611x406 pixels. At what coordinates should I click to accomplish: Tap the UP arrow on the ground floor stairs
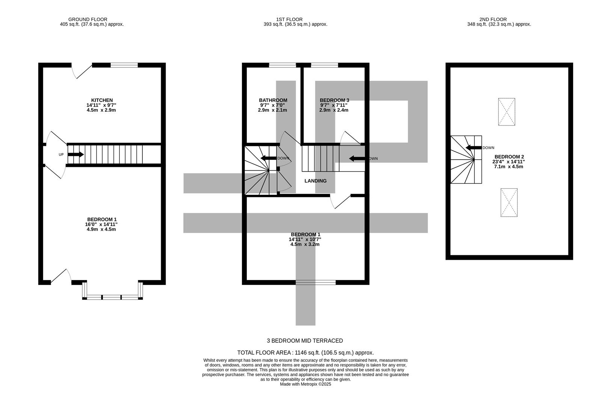point(75,155)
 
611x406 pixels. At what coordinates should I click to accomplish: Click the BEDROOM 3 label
point(334,100)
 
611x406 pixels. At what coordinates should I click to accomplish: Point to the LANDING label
point(315,181)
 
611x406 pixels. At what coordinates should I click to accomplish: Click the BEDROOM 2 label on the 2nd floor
point(509,157)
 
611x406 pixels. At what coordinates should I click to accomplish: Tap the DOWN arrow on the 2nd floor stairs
point(474,148)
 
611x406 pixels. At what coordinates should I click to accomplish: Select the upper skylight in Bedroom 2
point(506,112)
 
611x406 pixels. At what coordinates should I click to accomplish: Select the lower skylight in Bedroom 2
point(509,203)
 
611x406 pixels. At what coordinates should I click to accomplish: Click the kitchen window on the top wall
point(124,65)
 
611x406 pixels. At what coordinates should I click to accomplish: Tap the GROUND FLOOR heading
point(88,20)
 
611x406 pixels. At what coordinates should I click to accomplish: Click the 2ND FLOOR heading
point(493,20)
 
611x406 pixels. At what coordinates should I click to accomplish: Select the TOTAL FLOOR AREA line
point(305,353)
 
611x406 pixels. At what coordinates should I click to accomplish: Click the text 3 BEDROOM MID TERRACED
point(305,341)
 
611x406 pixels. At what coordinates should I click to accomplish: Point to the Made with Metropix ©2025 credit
point(305,384)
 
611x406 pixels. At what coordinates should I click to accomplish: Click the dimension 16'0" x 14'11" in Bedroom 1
point(101,224)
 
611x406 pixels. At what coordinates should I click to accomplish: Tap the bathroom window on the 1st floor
point(282,65)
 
